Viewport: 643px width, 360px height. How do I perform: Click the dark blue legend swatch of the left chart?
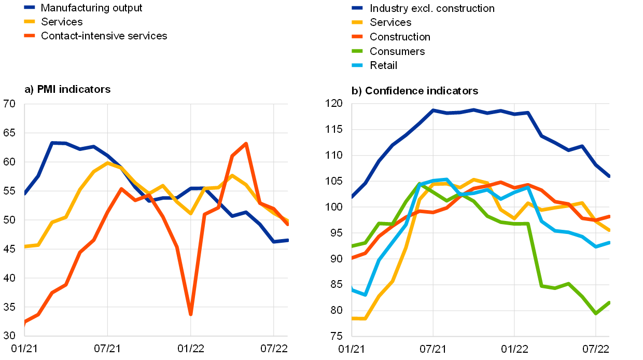(x=30, y=7)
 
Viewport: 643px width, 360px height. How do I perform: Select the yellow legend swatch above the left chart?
(x=30, y=21)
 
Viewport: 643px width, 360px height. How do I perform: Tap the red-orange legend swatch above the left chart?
(x=30, y=35)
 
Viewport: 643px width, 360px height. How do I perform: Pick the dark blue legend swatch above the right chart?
(x=357, y=8)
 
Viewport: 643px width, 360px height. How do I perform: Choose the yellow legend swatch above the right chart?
(x=357, y=22)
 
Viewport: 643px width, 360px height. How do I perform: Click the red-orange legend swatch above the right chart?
(x=357, y=36)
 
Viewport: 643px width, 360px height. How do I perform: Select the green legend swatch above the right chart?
(x=357, y=51)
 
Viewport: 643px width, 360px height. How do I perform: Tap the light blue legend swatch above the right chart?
(x=357, y=65)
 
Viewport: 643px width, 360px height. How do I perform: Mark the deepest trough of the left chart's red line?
(x=190, y=313)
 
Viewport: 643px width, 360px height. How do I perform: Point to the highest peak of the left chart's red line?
(x=246, y=143)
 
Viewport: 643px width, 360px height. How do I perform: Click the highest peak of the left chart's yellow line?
(x=107, y=162)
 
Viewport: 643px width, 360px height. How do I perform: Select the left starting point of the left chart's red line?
(x=25, y=322)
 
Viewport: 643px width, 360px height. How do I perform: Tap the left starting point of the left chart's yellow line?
(x=25, y=246)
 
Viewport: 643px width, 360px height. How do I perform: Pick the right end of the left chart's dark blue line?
(x=287, y=240)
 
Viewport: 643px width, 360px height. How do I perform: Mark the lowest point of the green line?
(x=596, y=313)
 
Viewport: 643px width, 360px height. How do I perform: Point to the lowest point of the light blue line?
(x=366, y=295)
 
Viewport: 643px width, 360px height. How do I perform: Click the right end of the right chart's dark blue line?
(x=609, y=176)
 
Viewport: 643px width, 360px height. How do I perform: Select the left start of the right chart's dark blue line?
(x=353, y=197)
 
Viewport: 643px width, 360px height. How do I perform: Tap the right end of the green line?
(x=609, y=302)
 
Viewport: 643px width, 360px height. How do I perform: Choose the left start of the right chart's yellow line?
(x=353, y=319)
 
